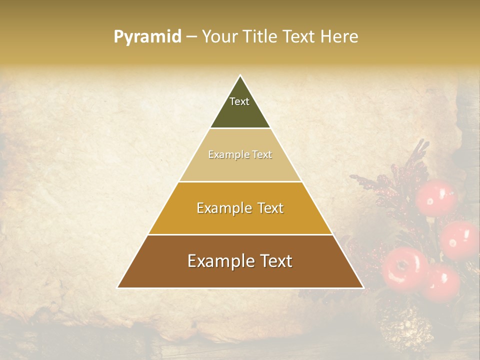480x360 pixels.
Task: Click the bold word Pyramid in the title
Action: (x=147, y=37)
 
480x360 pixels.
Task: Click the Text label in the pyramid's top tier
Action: (x=239, y=101)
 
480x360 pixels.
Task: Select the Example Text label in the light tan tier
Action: (x=240, y=154)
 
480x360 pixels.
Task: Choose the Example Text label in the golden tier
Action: (x=240, y=208)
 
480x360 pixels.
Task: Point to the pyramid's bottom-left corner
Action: (x=118, y=287)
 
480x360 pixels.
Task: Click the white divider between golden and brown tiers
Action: (x=240, y=234)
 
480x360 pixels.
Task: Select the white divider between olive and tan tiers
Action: (x=240, y=128)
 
